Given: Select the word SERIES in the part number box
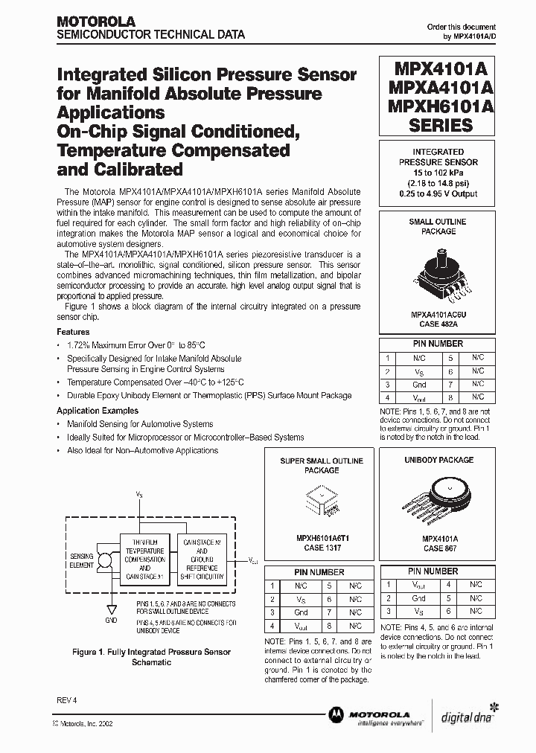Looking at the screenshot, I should (441, 125).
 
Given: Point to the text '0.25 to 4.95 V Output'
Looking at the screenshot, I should (438, 194).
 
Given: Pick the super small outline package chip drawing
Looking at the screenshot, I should (321, 503).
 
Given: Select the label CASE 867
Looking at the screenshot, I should (439, 548).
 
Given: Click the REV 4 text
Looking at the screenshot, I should (67, 701).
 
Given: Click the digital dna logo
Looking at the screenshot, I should (476, 718).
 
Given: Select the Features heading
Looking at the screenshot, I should (73, 332).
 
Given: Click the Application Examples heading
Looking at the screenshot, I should (98, 411).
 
